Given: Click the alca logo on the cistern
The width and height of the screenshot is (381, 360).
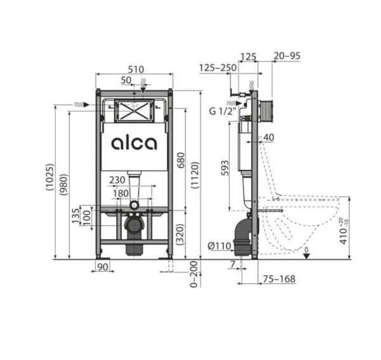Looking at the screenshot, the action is click(134, 143).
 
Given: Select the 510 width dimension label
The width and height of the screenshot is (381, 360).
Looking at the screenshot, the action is click(136, 69).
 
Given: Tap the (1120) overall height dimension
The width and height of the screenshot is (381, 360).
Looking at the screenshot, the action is click(195, 175).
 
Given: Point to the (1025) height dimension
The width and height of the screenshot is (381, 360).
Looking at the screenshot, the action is click(50, 177).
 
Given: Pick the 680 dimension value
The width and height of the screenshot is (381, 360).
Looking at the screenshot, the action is click(181, 160).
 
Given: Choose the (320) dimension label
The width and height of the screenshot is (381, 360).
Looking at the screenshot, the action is click(180, 234).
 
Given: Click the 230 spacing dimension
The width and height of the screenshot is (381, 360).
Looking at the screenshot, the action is click(117, 180).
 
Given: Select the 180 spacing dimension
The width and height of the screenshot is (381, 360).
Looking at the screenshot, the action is click(121, 194).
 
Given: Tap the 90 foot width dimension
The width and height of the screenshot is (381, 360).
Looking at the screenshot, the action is click(102, 267).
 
